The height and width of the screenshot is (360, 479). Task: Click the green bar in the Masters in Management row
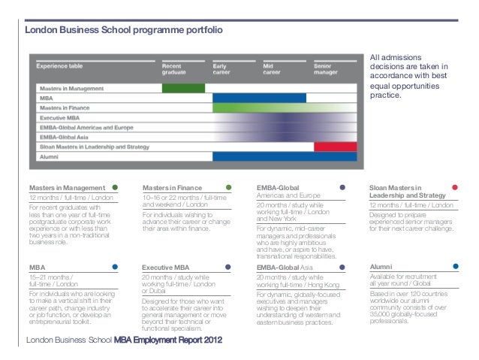click(183, 88)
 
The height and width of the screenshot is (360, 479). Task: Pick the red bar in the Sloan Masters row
click(335, 147)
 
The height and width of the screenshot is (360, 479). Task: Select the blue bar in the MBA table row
click(259, 98)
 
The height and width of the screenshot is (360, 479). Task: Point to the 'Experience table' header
click(60, 66)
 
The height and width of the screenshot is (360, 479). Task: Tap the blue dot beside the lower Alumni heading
click(456, 266)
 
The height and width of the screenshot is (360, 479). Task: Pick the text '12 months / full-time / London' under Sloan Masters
click(411, 205)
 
